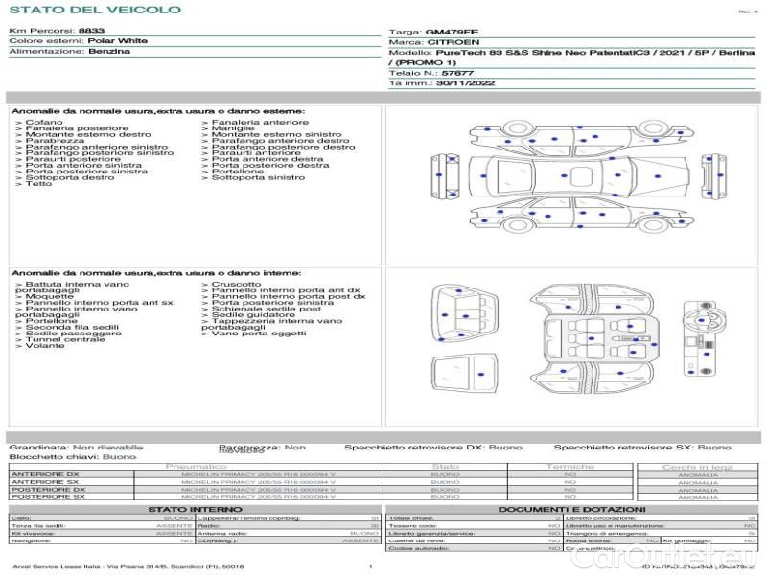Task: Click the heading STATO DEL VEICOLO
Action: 94,11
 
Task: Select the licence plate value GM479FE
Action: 452,32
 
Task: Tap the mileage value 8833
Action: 92,32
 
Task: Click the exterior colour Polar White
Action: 118,41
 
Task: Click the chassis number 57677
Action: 458,73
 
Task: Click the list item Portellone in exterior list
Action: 237,172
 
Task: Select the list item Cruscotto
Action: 236,284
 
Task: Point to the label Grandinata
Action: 38,447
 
